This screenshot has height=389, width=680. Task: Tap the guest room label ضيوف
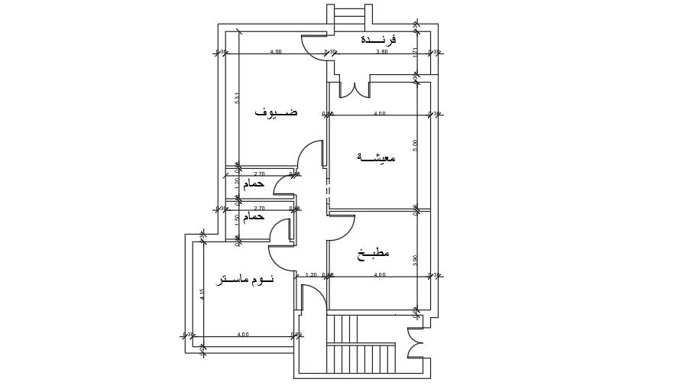(276, 112)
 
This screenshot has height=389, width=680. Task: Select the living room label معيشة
(377, 157)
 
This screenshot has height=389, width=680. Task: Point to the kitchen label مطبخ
(372, 253)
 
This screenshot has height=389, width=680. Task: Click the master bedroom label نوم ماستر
(244, 280)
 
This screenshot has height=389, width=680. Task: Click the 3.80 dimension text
(382, 52)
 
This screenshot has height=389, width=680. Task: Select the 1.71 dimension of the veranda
(415, 52)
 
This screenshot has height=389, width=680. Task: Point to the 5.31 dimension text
(238, 98)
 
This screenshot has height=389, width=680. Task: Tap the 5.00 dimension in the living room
(416, 144)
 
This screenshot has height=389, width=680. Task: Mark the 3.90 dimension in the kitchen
(416, 260)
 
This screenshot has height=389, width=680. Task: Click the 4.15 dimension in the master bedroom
(202, 293)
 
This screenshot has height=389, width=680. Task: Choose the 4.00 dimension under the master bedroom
(243, 334)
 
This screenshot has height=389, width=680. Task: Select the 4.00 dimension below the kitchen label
(380, 274)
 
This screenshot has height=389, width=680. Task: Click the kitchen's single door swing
(342, 226)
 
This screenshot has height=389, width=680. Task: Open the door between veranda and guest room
(315, 47)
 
